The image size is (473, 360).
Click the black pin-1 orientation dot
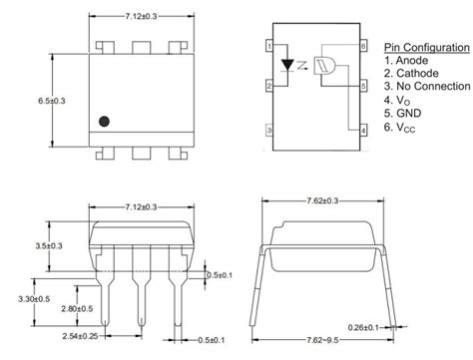[x=104, y=122]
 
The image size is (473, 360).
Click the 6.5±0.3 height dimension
[x=52, y=101]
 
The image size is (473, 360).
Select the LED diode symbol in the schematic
[x=287, y=65]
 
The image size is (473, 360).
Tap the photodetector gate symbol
[x=324, y=65]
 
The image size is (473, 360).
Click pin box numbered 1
[x=269, y=46]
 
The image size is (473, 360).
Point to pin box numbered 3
[x=269, y=131]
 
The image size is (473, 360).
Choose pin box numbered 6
[x=363, y=46]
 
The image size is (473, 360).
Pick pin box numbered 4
[x=363, y=131]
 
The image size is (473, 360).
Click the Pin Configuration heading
[x=427, y=48]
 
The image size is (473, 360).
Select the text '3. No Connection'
[x=427, y=86]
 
